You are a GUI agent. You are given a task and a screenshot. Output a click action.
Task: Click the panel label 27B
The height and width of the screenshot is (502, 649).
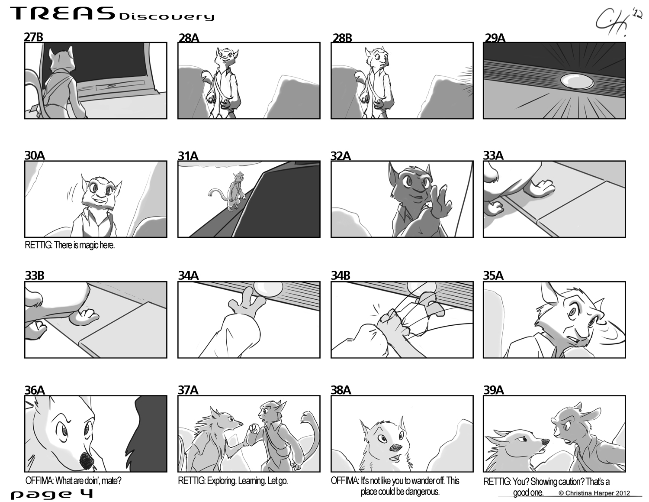click(x=33, y=37)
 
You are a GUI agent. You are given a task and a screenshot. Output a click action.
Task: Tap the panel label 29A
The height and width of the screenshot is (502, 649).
click(x=495, y=38)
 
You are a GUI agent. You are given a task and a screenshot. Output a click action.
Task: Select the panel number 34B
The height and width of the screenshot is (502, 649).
click(x=341, y=275)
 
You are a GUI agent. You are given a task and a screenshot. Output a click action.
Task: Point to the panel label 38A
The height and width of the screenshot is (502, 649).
click(x=341, y=390)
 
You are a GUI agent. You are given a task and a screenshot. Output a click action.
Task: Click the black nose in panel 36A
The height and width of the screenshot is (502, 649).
click(x=86, y=461)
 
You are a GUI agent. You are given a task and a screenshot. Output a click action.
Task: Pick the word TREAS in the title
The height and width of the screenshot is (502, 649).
click(x=63, y=14)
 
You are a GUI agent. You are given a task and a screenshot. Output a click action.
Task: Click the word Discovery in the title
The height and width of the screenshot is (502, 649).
click(x=167, y=17)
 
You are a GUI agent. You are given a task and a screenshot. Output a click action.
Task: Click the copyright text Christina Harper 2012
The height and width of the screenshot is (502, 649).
click(x=594, y=493)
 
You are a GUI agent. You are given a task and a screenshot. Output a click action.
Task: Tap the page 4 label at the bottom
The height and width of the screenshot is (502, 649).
click(x=52, y=494)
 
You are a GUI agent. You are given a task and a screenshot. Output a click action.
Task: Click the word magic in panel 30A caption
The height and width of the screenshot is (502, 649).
click(x=90, y=245)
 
